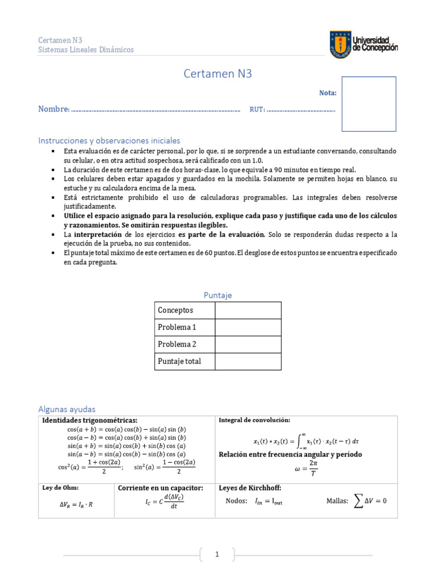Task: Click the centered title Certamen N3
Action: click(217, 73)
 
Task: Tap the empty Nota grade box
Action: click(369, 104)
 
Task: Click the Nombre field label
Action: click(53, 109)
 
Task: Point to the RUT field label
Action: click(257, 109)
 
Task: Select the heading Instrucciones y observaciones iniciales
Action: click(109, 140)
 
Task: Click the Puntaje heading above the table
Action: click(218, 295)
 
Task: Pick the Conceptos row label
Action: click(175, 310)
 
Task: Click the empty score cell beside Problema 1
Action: click(248, 327)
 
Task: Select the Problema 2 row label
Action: click(177, 344)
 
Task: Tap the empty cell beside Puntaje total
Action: click(248, 361)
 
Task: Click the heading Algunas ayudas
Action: click(67, 409)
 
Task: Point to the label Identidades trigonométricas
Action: click(90, 420)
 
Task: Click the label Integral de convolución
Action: click(254, 420)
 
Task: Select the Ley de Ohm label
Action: click(61, 488)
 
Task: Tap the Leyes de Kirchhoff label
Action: click(250, 488)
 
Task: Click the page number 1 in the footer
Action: click(217, 555)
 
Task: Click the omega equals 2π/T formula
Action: click(306, 469)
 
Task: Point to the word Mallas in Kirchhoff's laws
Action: click(337, 501)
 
